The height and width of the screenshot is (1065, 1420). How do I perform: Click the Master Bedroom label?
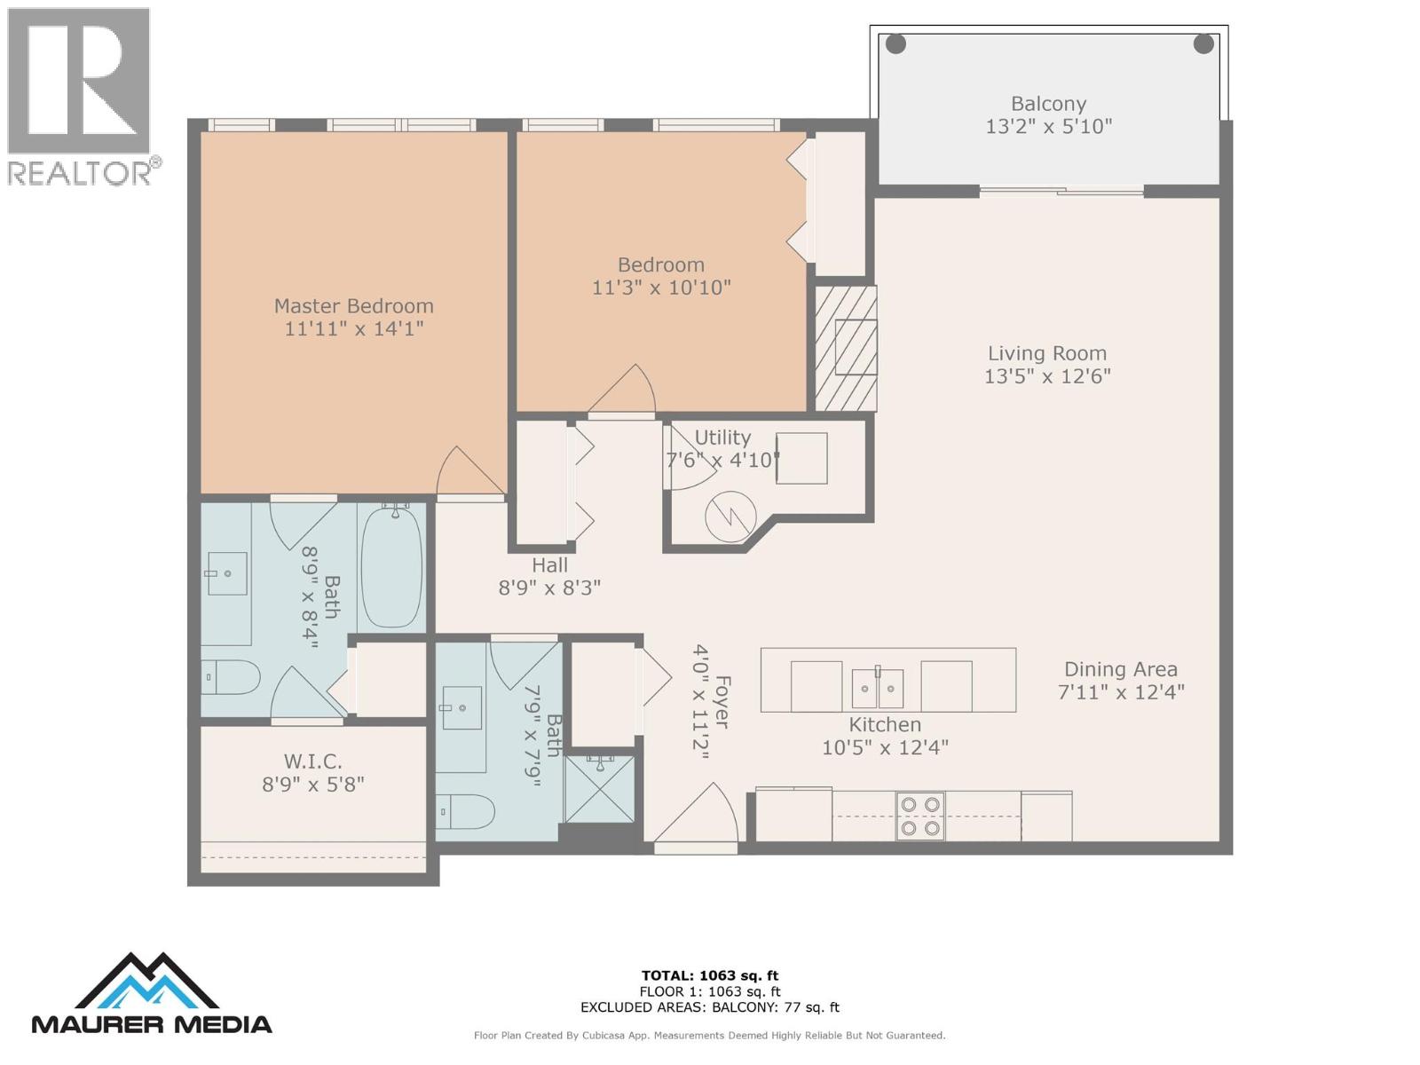coord(353,306)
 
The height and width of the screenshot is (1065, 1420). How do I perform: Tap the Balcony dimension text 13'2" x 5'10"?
coord(1048,127)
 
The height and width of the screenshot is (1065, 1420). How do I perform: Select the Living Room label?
coord(1047,353)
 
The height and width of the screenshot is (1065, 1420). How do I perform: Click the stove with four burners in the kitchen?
coord(919,816)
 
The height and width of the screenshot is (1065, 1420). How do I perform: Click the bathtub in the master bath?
coord(391,566)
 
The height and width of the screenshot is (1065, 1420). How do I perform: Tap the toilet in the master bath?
coord(233,678)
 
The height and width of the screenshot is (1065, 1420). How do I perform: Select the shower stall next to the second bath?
coord(600,788)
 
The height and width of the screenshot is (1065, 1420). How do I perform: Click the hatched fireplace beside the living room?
coord(845,348)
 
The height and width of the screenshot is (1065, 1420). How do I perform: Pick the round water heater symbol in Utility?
coord(730,516)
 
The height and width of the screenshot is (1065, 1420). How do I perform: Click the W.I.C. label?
coord(312,761)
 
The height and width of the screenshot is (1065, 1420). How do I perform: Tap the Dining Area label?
coord(1120,670)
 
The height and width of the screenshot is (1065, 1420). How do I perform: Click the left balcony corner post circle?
coord(895,43)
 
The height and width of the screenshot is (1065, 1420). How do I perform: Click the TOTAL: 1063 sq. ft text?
coord(709,975)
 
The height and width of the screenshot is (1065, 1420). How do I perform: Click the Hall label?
coord(549,565)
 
